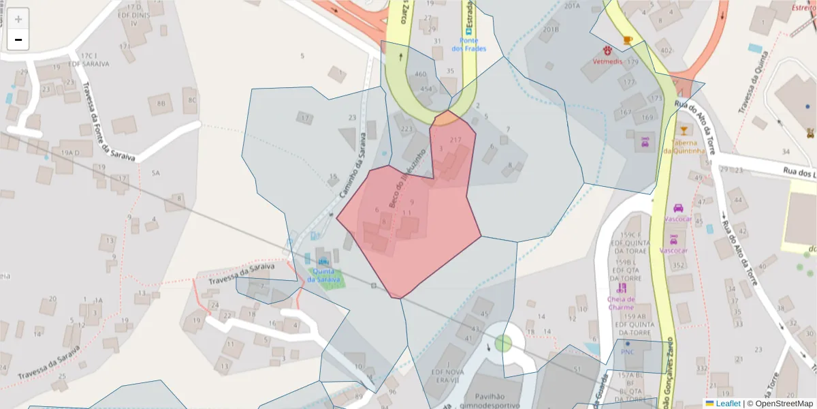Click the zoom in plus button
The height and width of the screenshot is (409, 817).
18,19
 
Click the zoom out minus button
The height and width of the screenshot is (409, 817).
18,40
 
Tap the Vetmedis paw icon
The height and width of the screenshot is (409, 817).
607,50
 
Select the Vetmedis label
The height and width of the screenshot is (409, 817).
607,61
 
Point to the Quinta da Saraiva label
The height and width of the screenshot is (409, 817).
323,275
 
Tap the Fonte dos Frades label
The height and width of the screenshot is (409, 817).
469,44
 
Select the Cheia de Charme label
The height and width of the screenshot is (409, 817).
621,303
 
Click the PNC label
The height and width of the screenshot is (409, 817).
627,352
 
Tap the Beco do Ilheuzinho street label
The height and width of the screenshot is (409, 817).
407,177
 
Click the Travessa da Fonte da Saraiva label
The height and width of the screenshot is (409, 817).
108,122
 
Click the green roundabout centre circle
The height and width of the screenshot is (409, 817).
503,343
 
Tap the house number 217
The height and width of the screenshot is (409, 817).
456,140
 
